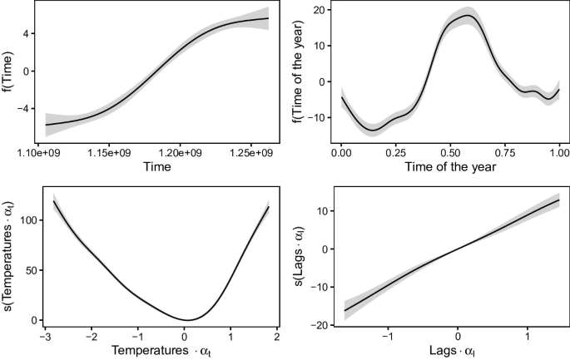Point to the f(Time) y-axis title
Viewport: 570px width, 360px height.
tap(9, 72)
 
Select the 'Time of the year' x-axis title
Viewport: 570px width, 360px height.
tap(450, 166)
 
